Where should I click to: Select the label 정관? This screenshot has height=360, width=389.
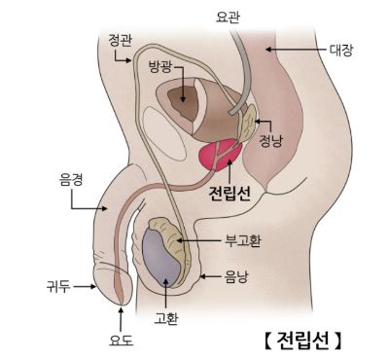click(121, 40)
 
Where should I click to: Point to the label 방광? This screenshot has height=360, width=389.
click(161, 68)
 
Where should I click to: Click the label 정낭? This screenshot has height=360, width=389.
click(271, 140)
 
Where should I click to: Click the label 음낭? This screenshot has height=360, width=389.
click(236, 275)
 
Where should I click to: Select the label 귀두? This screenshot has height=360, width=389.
click(58, 286)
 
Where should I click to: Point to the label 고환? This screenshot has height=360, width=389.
click(166, 317)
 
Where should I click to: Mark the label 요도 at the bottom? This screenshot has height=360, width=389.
click(121, 340)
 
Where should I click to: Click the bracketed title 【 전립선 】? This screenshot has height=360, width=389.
click(302, 340)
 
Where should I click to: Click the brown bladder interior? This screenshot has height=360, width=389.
click(180, 99)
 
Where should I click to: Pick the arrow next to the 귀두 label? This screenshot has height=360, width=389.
click(88, 286)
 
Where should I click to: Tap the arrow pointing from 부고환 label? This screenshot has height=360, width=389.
click(203, 239)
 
